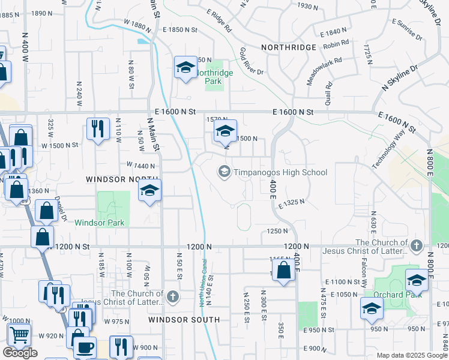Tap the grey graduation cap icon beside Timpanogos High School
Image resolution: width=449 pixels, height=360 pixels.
tap(224, 173)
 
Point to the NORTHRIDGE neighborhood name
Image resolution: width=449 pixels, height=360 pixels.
tap(288, 47)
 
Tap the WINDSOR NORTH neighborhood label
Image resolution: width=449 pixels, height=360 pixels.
tap(122, 179)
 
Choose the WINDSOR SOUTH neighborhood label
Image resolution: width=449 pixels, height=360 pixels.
tap(184, 320)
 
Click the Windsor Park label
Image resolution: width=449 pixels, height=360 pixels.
tap(100, 223)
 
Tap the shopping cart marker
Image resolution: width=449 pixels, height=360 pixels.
tap(19, 335)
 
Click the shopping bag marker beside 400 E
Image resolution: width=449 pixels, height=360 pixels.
tap(284, 271)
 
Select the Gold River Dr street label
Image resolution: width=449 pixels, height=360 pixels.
tap(252, 62)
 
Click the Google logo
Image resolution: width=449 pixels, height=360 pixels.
tap(20, 353)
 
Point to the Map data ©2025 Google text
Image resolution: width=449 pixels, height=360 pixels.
tap(412, 355)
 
